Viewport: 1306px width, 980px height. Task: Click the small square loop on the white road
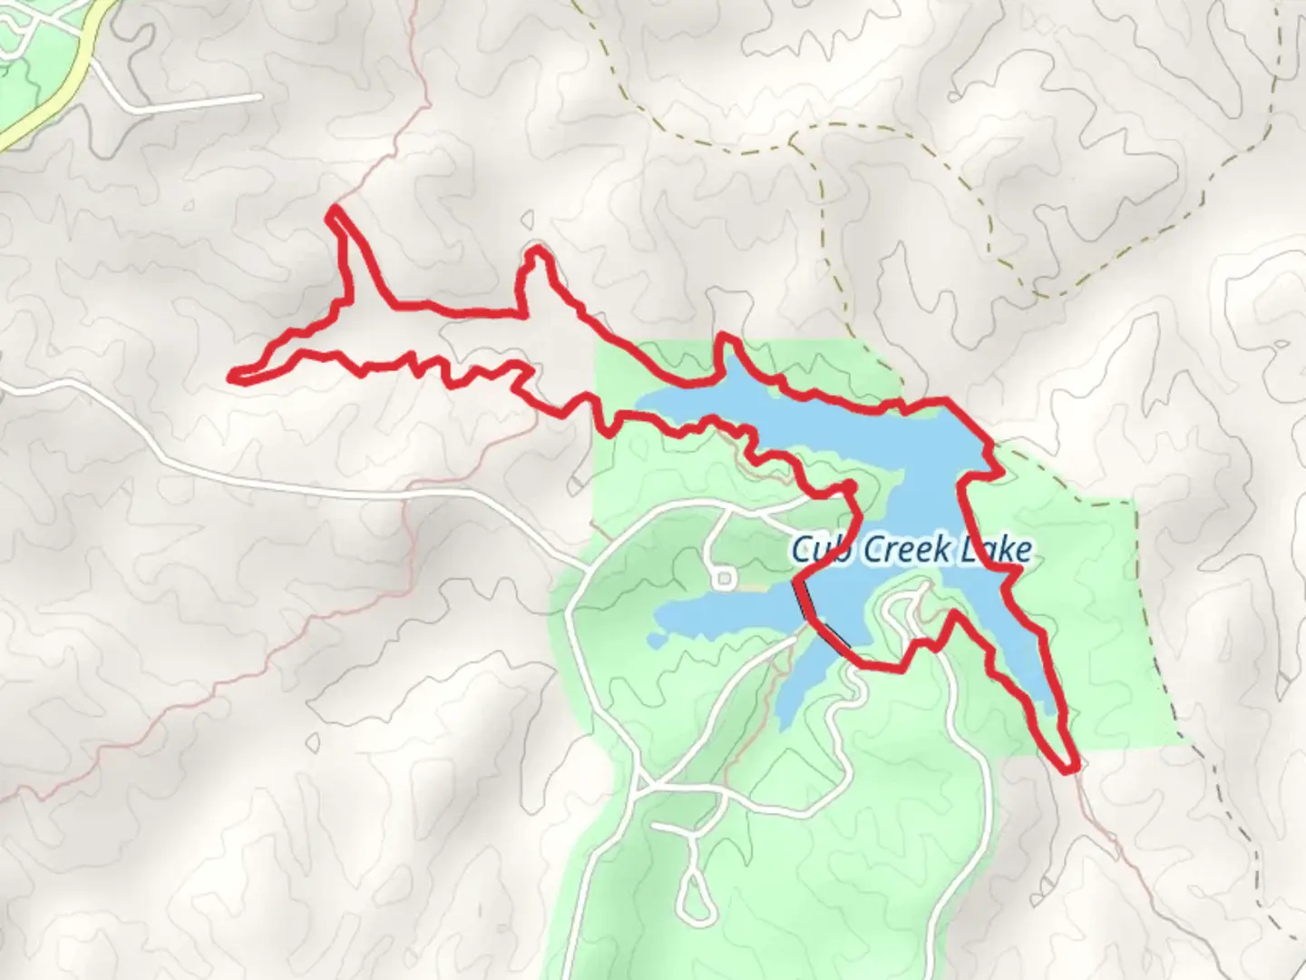724,578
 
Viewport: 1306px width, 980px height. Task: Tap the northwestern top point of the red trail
334,211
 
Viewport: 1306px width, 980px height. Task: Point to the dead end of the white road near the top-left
259,96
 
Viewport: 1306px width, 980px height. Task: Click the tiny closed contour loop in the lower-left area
312,743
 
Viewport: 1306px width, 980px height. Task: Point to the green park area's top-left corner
595,343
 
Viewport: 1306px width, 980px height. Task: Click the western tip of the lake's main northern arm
639,401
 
